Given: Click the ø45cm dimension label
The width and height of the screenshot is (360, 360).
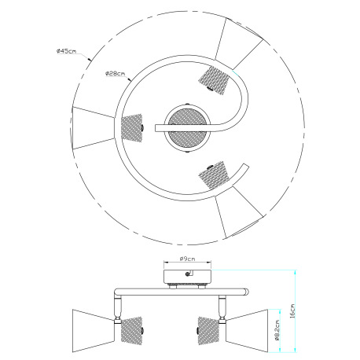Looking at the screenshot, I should point(66,51).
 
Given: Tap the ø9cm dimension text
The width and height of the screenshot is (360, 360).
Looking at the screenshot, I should point(187,257).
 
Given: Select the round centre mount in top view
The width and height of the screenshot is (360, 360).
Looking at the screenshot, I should point(186,127).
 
